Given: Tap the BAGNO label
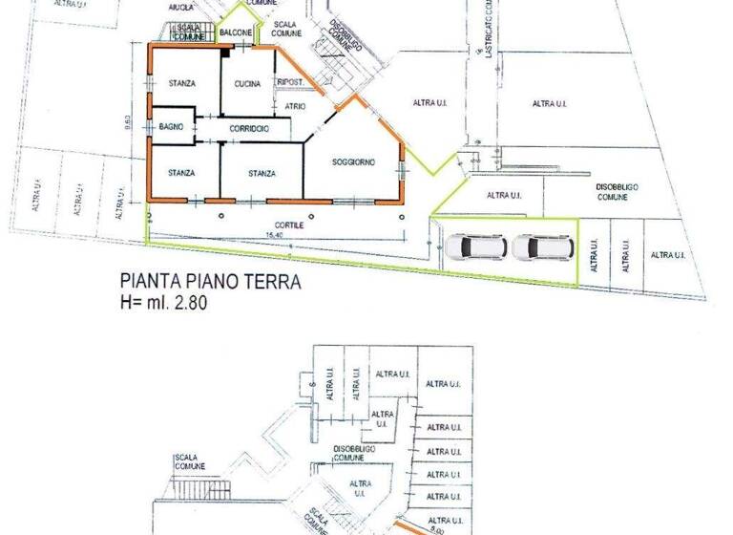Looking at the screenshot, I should tap(171, 127).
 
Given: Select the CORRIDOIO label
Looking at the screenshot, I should tap(248, 128).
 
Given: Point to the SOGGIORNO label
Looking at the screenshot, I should tap(353, 163).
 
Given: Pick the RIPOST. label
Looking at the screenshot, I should tap(290, 83).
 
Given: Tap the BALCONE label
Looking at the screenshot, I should tap(236, 33).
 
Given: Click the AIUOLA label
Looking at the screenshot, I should tap(181, 7).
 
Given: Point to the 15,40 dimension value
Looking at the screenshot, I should tap(275, 235).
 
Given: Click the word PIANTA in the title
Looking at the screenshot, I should tap(147, 283).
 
